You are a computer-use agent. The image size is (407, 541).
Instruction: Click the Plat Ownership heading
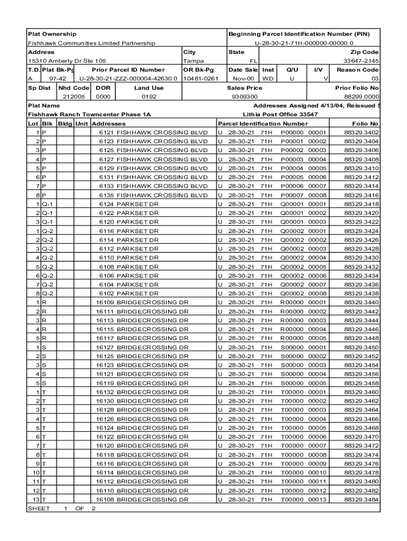52,34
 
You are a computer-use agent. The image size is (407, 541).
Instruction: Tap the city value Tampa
193,61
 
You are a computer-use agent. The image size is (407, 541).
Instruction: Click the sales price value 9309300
245,97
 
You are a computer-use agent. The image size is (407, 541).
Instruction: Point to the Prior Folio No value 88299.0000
362,97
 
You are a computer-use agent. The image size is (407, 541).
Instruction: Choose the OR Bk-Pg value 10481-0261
200,79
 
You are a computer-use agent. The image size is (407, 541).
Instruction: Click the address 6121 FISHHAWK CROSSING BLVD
153,133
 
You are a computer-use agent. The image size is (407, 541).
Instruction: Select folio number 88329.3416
362,195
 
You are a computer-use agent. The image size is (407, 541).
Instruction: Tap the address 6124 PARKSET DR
129,204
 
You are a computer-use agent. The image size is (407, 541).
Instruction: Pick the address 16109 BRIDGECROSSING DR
142,303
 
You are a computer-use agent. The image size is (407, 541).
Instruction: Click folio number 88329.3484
362,500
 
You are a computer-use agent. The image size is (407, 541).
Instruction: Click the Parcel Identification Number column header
262,124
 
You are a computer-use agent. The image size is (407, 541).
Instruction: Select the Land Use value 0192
149,97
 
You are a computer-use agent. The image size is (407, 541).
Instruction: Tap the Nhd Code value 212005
73,97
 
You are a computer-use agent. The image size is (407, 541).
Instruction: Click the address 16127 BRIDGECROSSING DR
142,348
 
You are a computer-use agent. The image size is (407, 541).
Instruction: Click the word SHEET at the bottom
39,509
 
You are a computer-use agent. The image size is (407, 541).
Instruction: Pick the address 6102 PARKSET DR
129,294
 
